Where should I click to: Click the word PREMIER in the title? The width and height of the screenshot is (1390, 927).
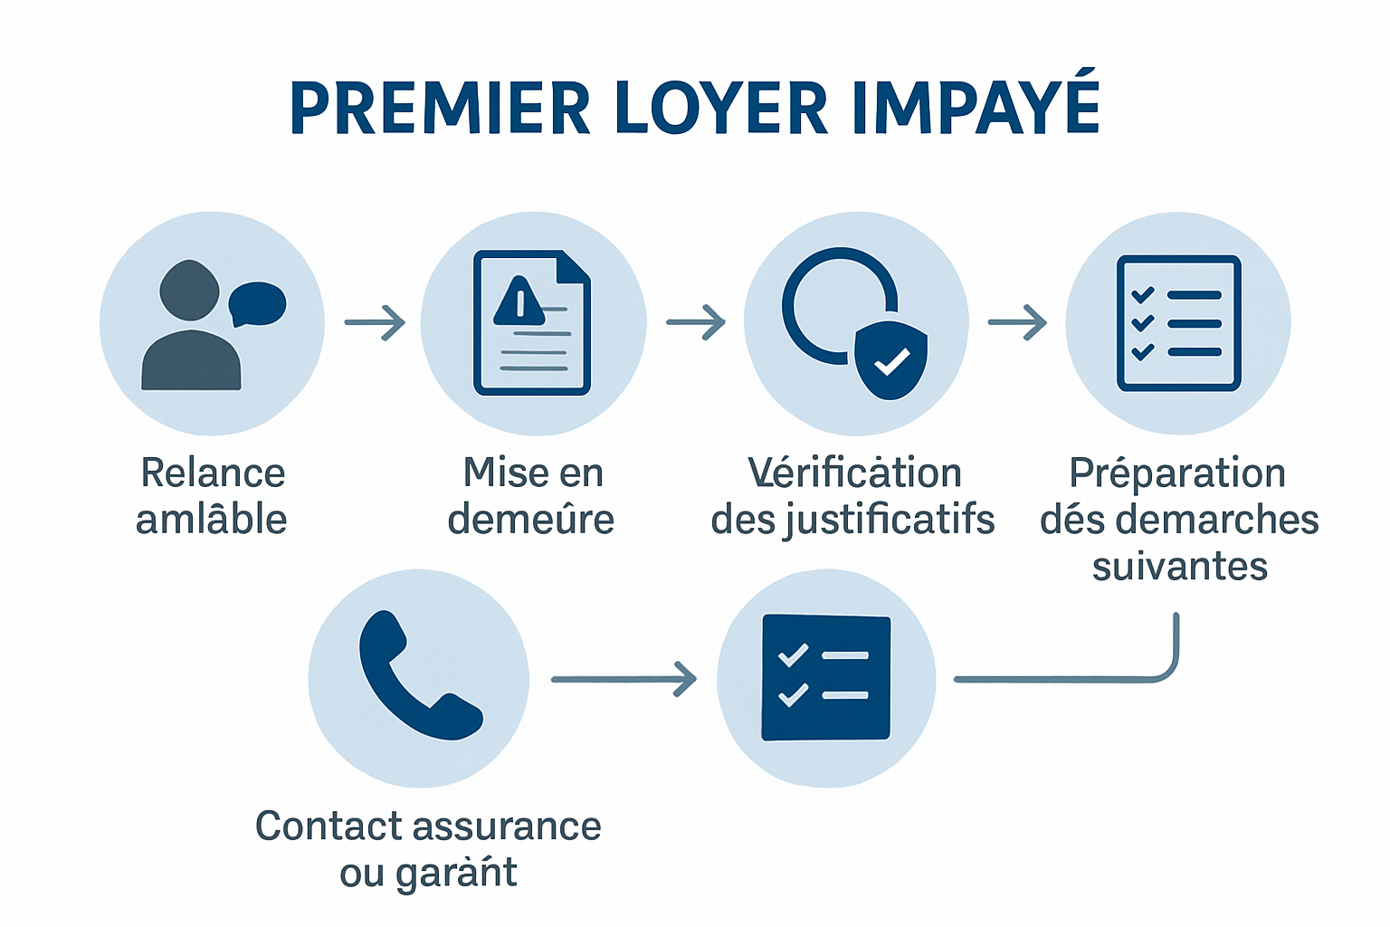pos(440,109)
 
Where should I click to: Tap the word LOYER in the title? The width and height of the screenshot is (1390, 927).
pos(721,109)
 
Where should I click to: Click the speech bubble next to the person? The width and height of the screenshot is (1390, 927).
pos(258,304)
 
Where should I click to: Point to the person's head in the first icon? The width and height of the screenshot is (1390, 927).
pos(189,291)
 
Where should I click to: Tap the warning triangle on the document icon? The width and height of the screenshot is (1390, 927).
pos(519,301)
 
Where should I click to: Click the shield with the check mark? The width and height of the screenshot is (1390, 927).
pos(891,359)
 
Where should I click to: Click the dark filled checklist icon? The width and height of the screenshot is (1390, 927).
pos(826,677)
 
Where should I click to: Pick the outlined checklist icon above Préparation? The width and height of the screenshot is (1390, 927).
pos(1178,323)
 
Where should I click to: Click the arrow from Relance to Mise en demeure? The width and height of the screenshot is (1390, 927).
pos(375,322)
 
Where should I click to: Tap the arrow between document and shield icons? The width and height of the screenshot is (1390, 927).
pos(696,322)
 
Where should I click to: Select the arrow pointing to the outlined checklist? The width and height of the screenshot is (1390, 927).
pos(1017,322)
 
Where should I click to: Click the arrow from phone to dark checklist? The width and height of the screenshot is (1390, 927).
pos(624,679)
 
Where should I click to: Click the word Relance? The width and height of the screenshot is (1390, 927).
pos(213,473)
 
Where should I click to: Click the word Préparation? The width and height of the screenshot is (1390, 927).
pos(1177,473)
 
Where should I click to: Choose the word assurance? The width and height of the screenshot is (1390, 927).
pos(508,827)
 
